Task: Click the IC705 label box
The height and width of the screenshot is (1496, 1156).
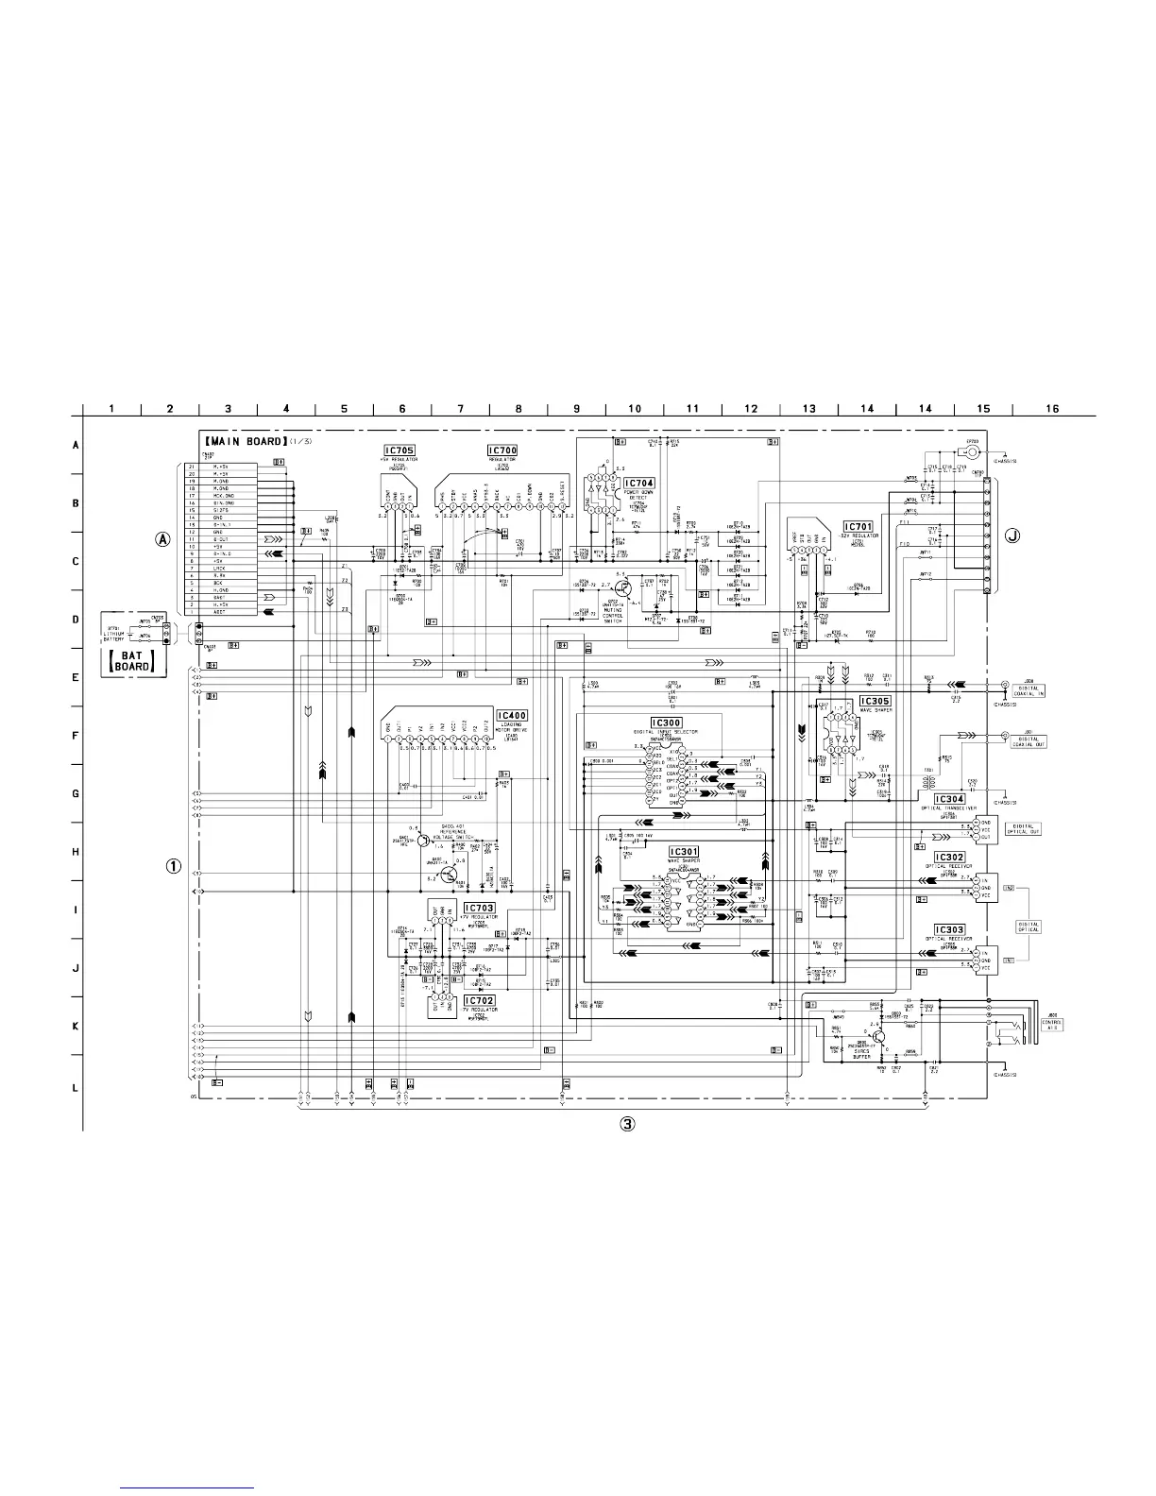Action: pos(399,451)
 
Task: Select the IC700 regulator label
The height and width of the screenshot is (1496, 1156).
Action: pos(502,451)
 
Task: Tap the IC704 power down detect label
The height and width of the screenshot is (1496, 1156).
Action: pos(638,483)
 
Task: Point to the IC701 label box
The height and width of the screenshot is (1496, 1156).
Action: pos(858,526)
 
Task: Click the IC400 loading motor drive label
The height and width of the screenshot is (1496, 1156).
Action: pos(511,716)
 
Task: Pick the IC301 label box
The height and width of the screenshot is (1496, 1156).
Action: pos(684,852)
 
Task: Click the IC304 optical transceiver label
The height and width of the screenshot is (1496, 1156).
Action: pos(949,799)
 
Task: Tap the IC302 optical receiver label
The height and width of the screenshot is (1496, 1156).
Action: pos(949,858)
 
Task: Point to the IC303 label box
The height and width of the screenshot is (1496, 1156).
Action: pos(949,930)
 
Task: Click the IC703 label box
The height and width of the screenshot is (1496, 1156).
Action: pos(479,908)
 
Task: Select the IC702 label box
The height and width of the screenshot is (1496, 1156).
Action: pos(479,1000)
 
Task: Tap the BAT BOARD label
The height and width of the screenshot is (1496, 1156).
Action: pos(133,661)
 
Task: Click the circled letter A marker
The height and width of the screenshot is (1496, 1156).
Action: pos(164,540)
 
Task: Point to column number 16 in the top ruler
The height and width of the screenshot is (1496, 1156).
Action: pos(1052,409)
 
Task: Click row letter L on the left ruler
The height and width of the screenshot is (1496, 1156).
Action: pos(76,1088)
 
